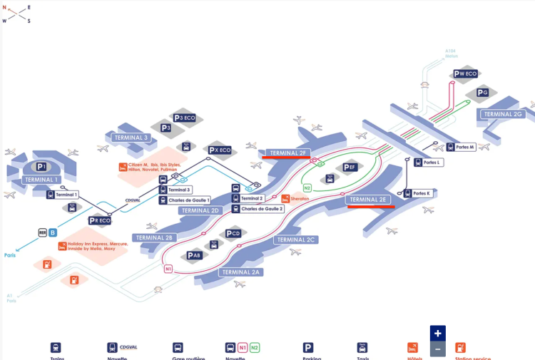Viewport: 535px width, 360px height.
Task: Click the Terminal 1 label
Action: click(41, 180)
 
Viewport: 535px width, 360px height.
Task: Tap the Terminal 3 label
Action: click(131, 138)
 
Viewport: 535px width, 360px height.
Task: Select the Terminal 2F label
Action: click(287, 153)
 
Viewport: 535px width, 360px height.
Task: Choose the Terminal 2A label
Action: click(242, 272)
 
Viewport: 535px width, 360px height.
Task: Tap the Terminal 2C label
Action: click(296, 240)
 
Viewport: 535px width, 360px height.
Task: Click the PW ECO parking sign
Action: click(465, 73)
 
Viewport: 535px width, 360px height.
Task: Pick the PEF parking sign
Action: click(349, 168)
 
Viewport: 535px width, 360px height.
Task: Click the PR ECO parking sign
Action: click(100, 220)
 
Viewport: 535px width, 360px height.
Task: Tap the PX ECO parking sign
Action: click(220, 150)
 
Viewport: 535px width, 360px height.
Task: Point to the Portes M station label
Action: click(465, 147)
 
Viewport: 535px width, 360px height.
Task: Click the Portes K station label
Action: click(422, 193)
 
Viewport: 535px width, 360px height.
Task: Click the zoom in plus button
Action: click(438, 333)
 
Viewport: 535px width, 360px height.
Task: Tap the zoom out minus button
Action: click(438, 349)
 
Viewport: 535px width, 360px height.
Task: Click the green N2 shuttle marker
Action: click(307, 187)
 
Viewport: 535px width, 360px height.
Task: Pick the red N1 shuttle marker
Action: click(168, 269)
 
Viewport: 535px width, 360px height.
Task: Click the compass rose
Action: click(16, 14)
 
